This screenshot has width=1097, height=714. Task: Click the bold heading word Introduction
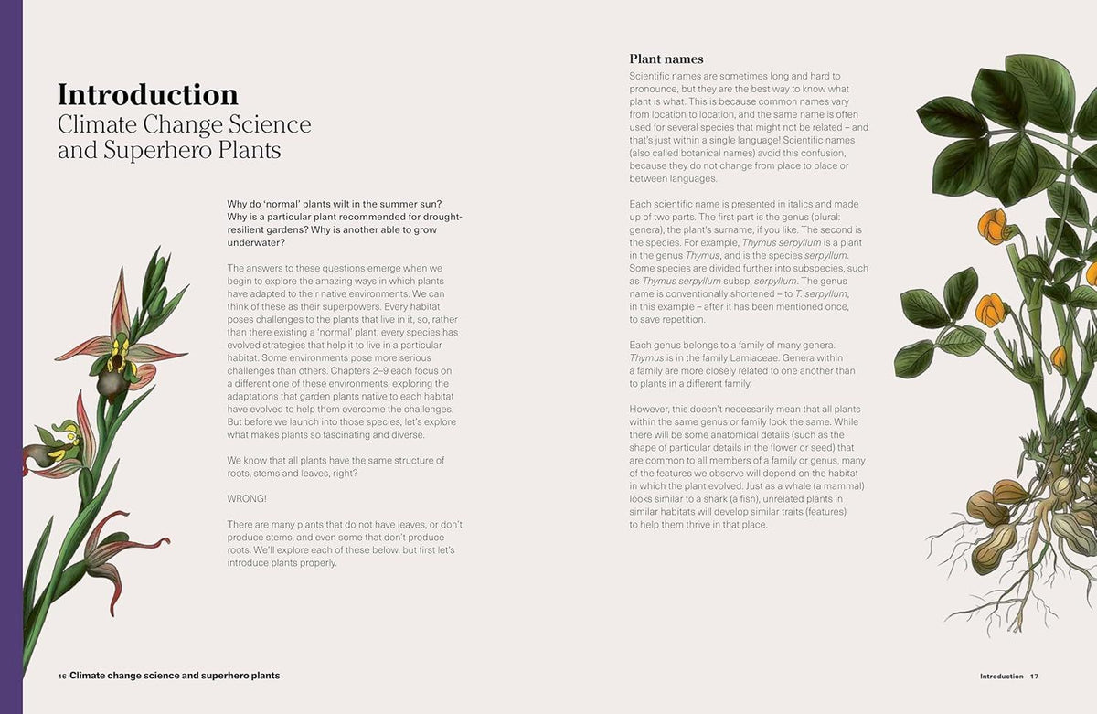coord(147,95)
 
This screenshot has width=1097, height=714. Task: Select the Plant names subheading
coord(666,59)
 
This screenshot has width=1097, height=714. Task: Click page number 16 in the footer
coord(61,676)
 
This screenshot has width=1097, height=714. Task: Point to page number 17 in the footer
coord(1034,677)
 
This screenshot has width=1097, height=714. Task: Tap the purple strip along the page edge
coord(11,357)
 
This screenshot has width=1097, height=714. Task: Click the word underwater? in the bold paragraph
coord(255,243)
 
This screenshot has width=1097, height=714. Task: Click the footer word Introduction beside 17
coord(1001,677)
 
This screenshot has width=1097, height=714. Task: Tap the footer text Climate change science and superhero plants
coord(175,676)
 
